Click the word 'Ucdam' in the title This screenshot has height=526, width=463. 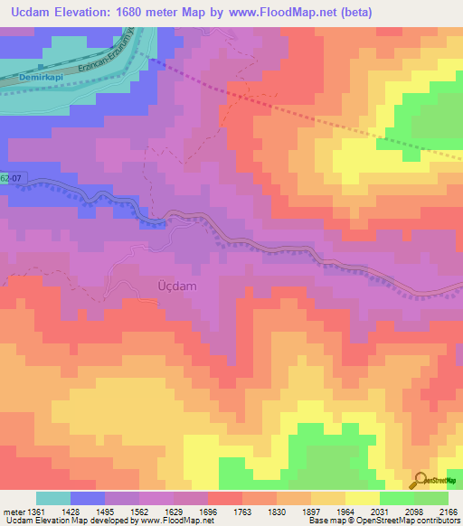[x=36, y=13]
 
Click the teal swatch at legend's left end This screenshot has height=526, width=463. [x=52, y=498]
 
